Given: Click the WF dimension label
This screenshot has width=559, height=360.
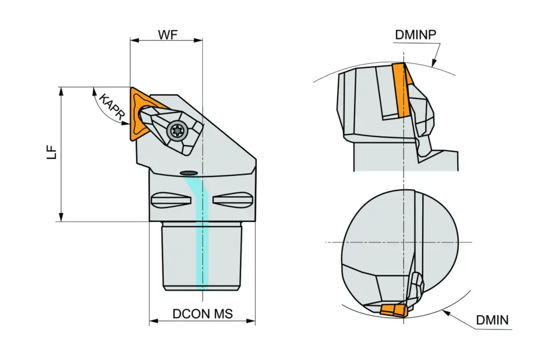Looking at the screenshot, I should point(167,34).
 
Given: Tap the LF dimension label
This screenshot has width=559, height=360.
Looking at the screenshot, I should point(53,152).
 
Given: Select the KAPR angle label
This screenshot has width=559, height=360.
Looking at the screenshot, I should point(111,107).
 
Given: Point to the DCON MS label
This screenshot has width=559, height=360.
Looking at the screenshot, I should point(202,314).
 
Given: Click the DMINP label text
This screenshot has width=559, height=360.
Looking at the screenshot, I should point(416,34).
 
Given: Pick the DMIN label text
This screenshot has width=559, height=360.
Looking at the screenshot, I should point(492,320).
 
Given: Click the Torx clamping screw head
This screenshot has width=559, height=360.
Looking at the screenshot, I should point(176,130).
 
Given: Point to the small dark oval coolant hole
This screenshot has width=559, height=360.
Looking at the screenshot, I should point(188,172).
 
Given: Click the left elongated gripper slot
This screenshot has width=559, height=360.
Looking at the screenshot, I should point(168,200).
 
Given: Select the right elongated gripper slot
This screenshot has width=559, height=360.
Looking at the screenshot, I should point(232,200).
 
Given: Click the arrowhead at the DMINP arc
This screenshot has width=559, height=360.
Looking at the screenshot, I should point(433,62).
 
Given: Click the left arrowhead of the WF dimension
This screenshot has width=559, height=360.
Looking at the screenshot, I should point(133,40).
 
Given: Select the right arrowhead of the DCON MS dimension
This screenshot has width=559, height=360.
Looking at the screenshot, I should point(252,321).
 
